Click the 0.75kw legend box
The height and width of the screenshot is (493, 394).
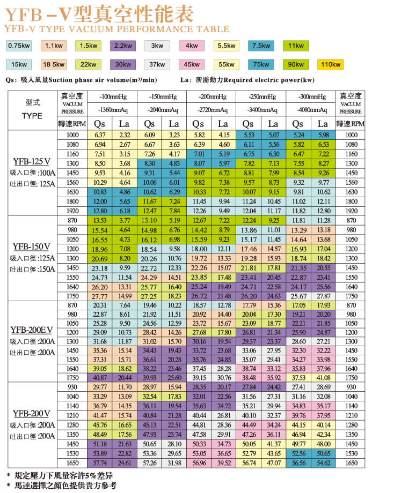click(19, 46)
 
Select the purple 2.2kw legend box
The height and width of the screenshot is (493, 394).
click(123, 46)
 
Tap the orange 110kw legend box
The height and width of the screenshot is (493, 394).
click(330, 65)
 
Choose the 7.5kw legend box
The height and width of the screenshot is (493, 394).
click(261, 46)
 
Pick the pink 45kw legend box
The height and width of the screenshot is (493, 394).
click(192, 65)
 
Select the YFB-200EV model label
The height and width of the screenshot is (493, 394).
click(32, 329)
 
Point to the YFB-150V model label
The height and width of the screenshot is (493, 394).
click(32, 246)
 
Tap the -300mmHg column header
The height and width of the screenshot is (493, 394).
click(313, 97)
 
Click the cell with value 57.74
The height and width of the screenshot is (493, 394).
click(100, 462)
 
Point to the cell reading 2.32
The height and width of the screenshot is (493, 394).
click(125, 135)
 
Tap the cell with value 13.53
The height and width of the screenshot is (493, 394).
click(100, 220)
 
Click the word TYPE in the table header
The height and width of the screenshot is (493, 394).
click(32, 116)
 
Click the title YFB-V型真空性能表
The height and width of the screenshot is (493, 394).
click(100, 13)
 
